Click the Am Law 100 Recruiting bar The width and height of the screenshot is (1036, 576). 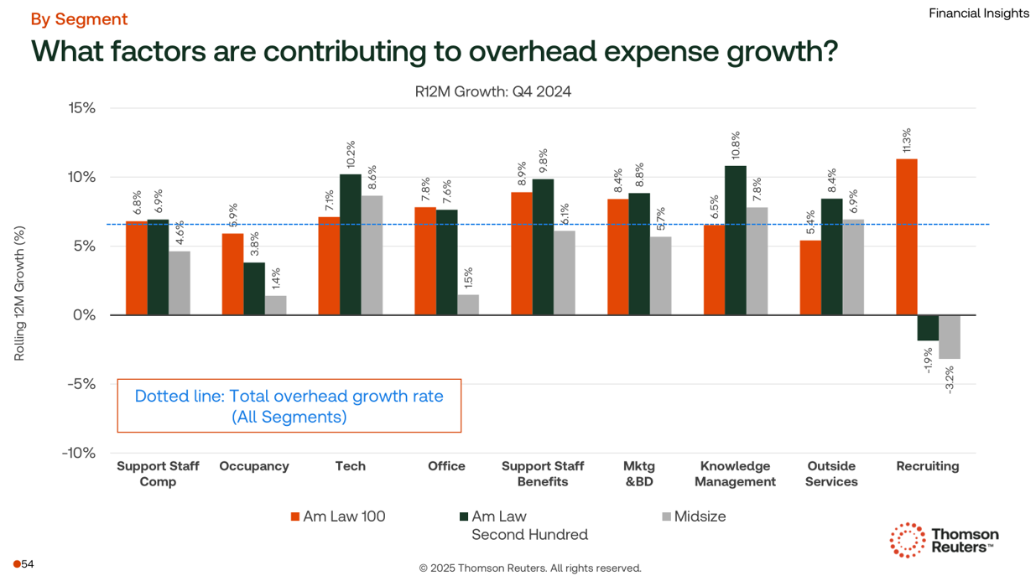point(906,236)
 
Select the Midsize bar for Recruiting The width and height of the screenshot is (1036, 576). point(949,337)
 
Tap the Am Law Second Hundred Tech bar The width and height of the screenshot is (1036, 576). point(350,244)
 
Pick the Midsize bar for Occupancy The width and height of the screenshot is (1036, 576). point(275,305)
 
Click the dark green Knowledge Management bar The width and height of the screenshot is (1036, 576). point(735,240)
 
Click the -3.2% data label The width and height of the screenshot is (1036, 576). point(950,377)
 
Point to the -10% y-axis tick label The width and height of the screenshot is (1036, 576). point(78,453)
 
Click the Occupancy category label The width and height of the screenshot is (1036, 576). point(253,466)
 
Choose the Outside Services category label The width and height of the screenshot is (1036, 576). point(830,474)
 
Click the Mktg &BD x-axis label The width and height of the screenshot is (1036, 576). point(638,474)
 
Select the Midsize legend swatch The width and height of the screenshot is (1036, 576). point(666,516)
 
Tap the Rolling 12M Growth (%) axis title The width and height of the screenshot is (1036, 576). point(19,293)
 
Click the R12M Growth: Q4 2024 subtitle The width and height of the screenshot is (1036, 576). point(492,92)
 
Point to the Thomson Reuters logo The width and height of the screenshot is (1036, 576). point(944,541)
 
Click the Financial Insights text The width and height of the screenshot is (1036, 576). point(978,13)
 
